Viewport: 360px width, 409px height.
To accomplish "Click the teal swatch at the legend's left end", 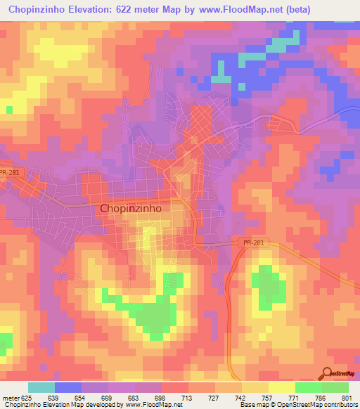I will coord(41,387).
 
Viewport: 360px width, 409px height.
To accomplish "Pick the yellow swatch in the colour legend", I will coord(281,387).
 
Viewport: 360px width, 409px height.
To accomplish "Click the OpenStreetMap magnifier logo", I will coord(328,373).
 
